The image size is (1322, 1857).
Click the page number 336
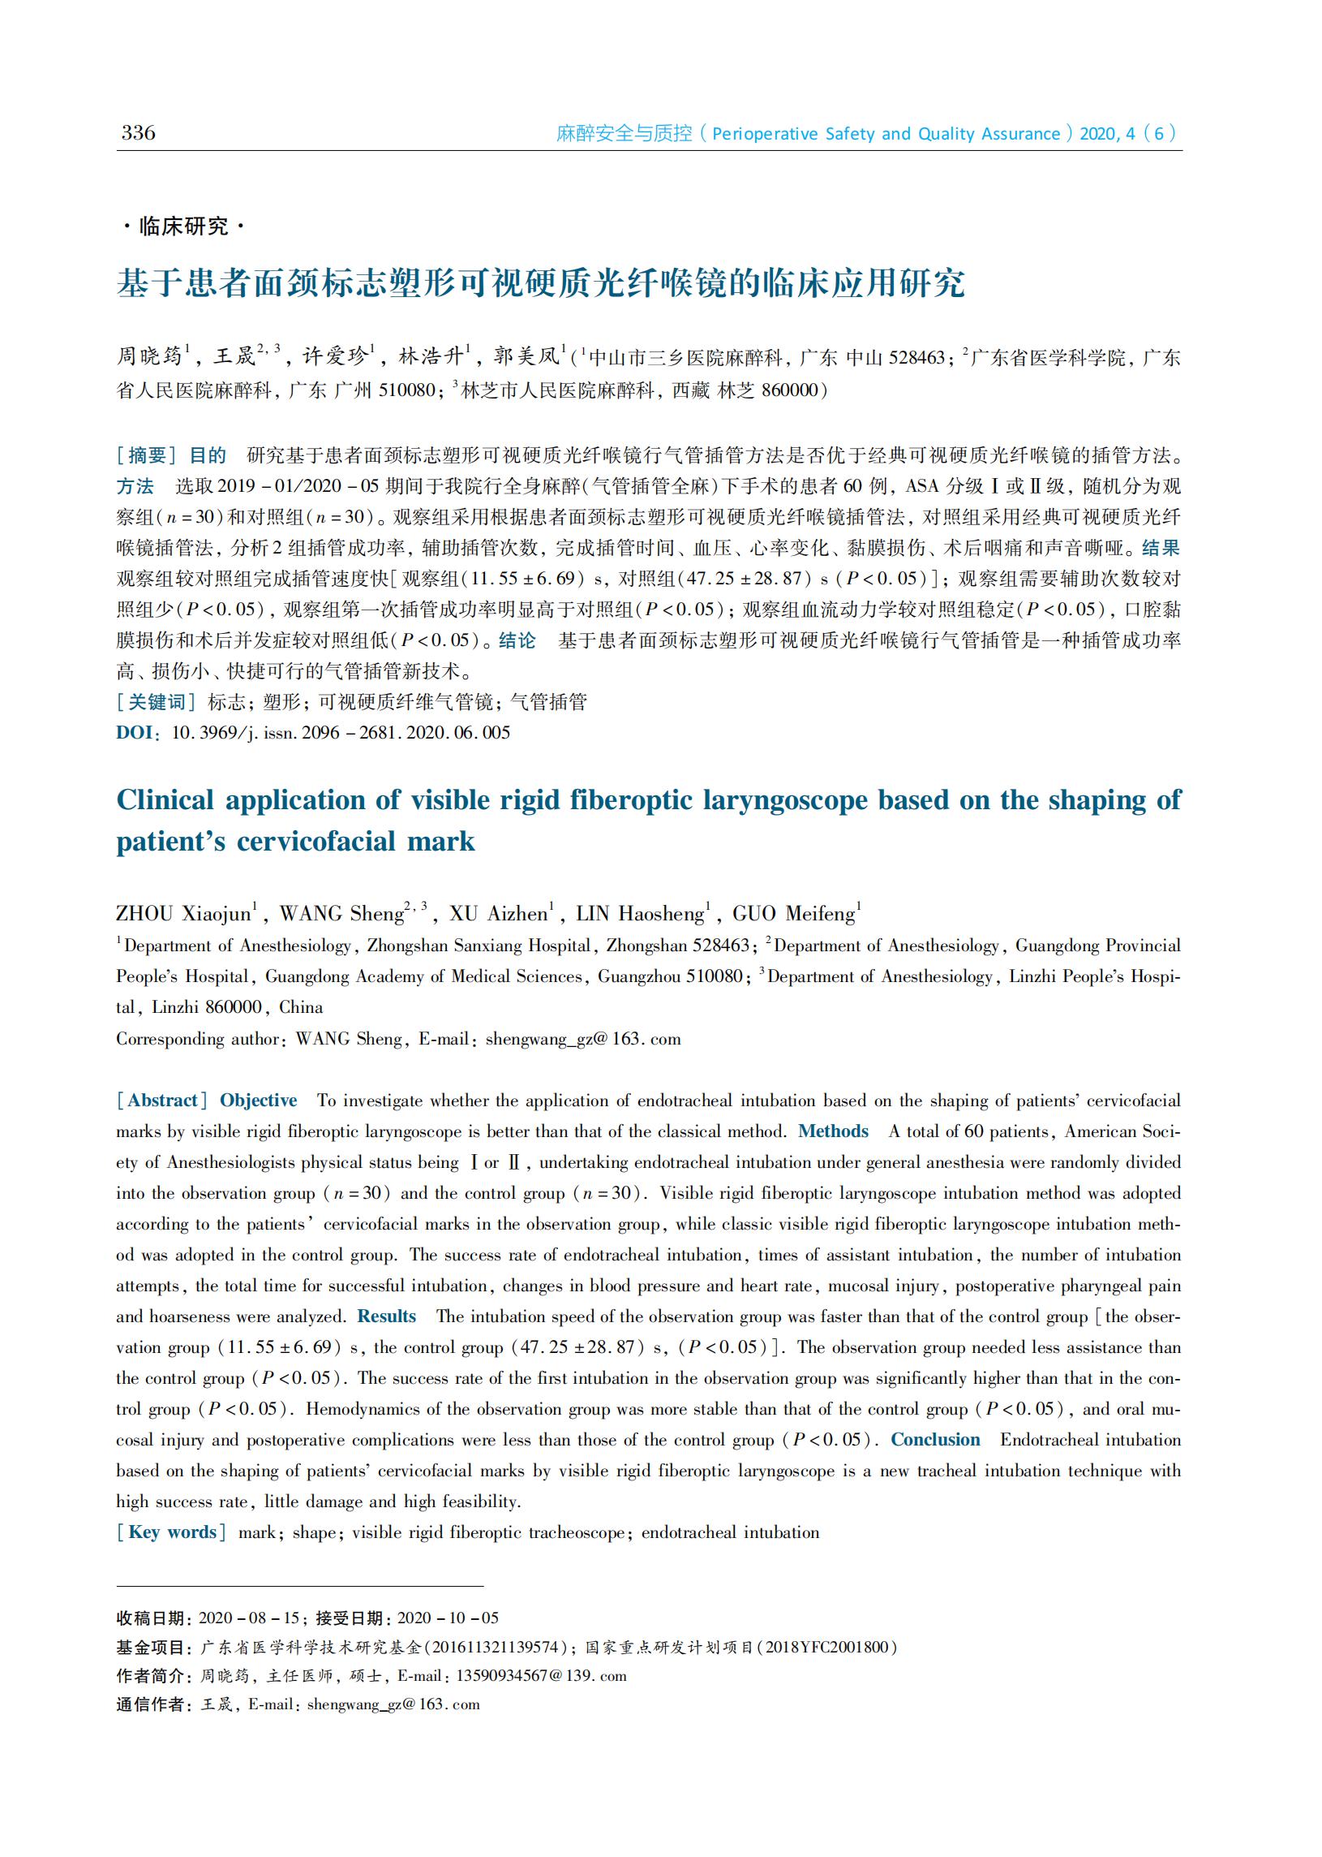[139, 134]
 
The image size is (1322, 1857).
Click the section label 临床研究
[183, 226]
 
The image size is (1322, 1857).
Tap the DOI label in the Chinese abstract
[135, 732]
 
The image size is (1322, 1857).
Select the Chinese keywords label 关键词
[157, 702]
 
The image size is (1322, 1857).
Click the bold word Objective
[258, 1101]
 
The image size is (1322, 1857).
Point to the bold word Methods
[833, 1131]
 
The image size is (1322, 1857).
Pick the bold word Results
[387, 1316]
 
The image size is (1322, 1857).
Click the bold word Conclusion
[935, 1439]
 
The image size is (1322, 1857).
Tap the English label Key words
[171, 1532]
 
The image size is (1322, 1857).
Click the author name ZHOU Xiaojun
[183, 914]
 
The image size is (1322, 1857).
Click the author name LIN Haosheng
[640, 914]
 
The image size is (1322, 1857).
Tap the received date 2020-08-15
[249, 1618]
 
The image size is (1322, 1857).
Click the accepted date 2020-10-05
[449, 1618]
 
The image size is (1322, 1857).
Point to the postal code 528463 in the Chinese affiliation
[916, 358]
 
